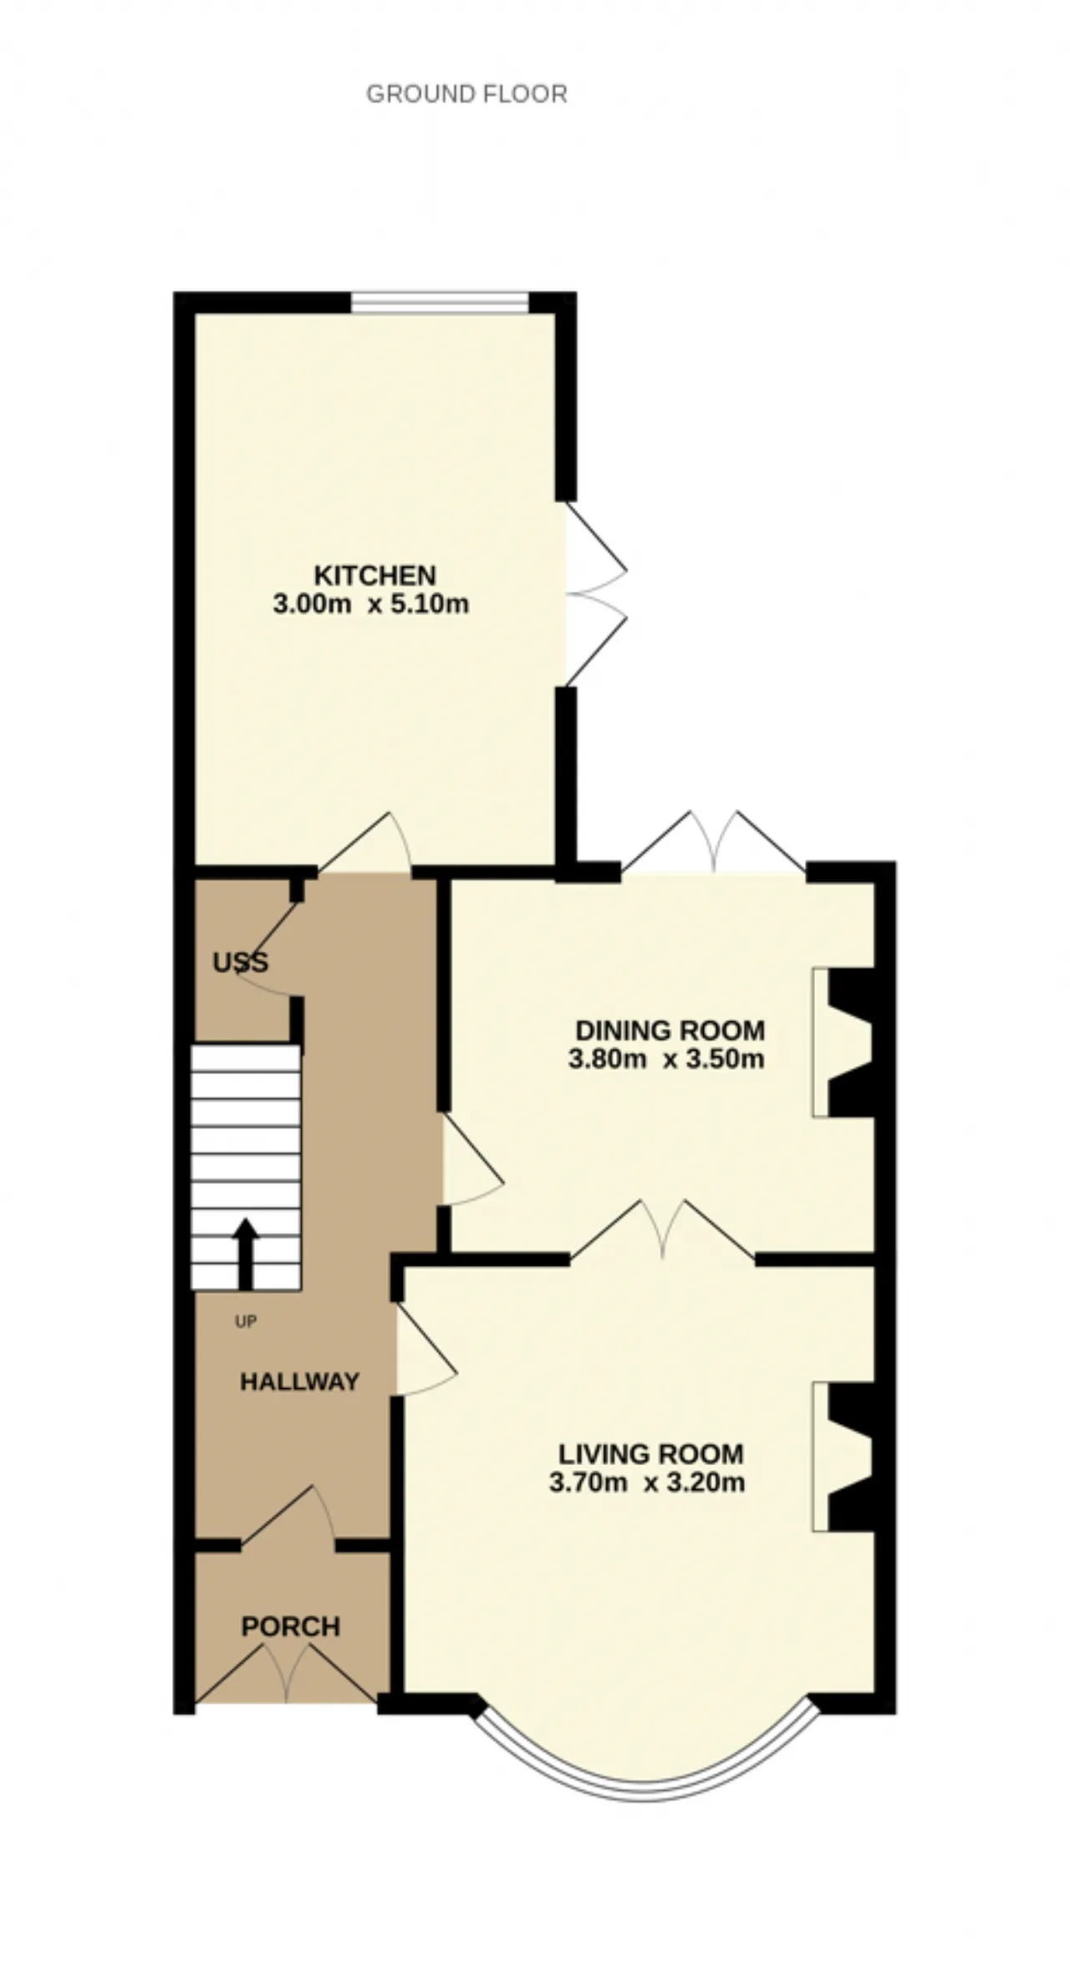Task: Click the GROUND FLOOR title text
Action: tap(466, 94)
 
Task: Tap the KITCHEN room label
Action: tap(374, 575)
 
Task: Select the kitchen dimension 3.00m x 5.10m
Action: tap(371, 603)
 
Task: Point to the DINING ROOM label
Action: tap(670, 1030)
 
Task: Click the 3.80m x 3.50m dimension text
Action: tap(666, 1059)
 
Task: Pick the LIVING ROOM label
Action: tap(650, 1454)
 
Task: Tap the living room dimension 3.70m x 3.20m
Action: tap(647, 1483)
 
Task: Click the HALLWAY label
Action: tap(299, 1381)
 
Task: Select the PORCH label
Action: tap(291, 1626)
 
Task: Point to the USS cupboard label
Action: tap(241, 963)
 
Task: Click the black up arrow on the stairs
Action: tap(245, 1253)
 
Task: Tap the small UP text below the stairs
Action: tap(246, 1321)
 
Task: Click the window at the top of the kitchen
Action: tap(440, 302)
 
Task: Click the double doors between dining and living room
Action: tap(663, 1228)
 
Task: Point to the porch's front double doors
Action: tap(286, 1674)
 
